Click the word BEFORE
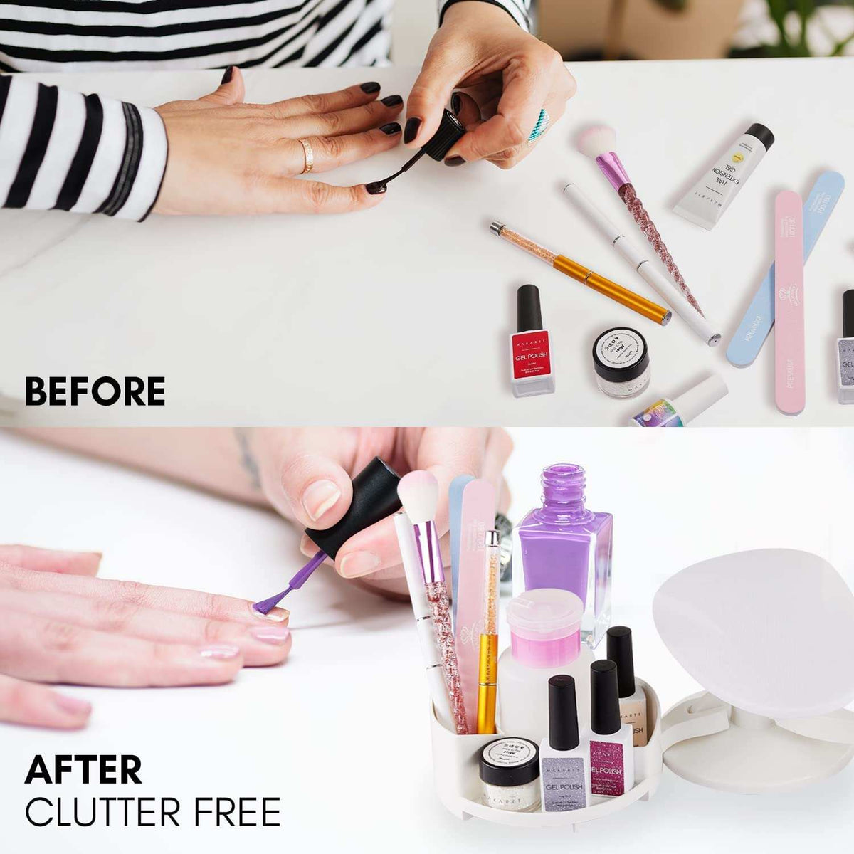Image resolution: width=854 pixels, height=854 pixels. point(95,391)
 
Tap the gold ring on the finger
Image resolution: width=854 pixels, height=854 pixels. point(307,155)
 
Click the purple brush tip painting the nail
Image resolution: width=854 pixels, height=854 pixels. point(265,604)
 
